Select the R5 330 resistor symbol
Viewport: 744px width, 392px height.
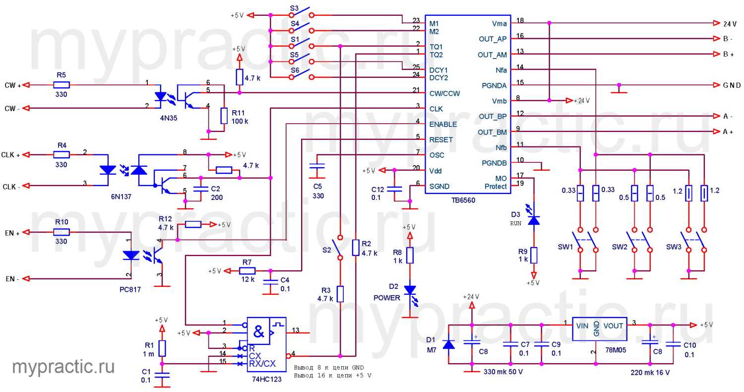(x=62, y=85)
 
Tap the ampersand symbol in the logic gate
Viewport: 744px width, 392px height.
(x=258, y=330)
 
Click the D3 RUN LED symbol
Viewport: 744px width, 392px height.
(x=533, y=220)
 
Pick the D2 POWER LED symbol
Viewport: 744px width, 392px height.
(x=409, y=291)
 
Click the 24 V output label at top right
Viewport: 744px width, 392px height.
(x=730, y=23)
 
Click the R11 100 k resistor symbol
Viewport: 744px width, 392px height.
(x=224, y=117)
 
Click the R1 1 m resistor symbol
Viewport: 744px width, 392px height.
(x=162, y=348)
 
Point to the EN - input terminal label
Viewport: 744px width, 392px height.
(x=12, y=279)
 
